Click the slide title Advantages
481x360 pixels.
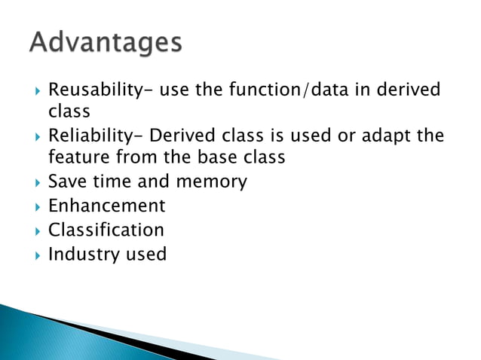(106, 42)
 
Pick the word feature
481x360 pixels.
(78, 159)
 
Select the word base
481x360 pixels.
(240, 159)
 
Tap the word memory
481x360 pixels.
(210, 182)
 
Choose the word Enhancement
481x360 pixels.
(106, 206)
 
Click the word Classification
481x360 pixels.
(106, 229)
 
